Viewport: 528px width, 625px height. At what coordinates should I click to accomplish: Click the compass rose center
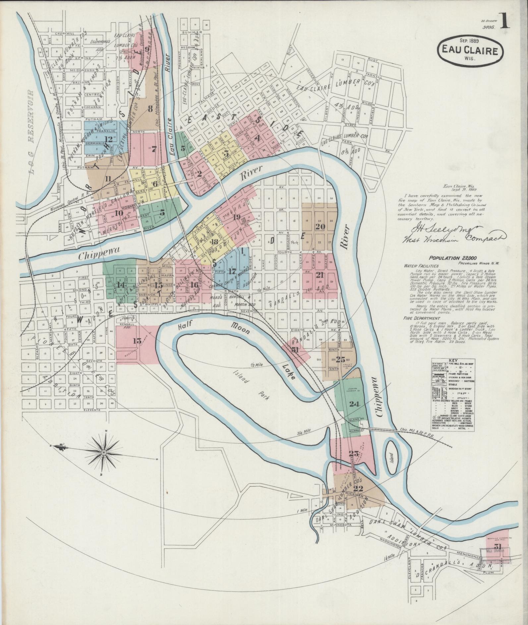point(104,452)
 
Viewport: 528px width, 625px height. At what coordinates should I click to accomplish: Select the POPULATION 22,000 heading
point(448,257)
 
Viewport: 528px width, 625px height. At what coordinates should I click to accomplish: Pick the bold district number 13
point(137,340)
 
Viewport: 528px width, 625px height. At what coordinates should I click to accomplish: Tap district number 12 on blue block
point(108,139)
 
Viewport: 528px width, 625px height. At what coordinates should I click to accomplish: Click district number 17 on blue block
point(232,271)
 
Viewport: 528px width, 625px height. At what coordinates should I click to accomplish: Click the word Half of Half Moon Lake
point(185,326)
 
